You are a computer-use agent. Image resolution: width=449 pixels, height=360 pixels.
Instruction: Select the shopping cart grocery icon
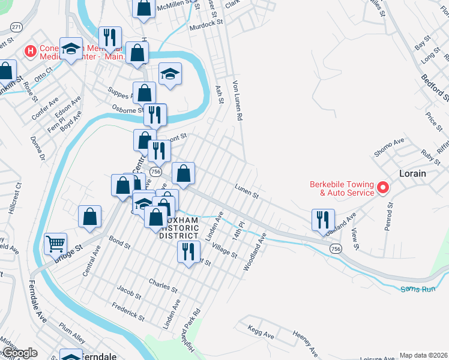(x=55, y=244)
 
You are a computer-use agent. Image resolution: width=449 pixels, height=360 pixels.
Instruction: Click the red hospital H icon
(x=28, y=52)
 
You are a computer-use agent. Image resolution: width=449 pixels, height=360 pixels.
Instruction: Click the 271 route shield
(x=16, y=28)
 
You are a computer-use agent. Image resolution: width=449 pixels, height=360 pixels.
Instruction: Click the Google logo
(x=19, y=353)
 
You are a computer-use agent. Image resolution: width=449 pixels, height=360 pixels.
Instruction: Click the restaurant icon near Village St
(x=188, y=252)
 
